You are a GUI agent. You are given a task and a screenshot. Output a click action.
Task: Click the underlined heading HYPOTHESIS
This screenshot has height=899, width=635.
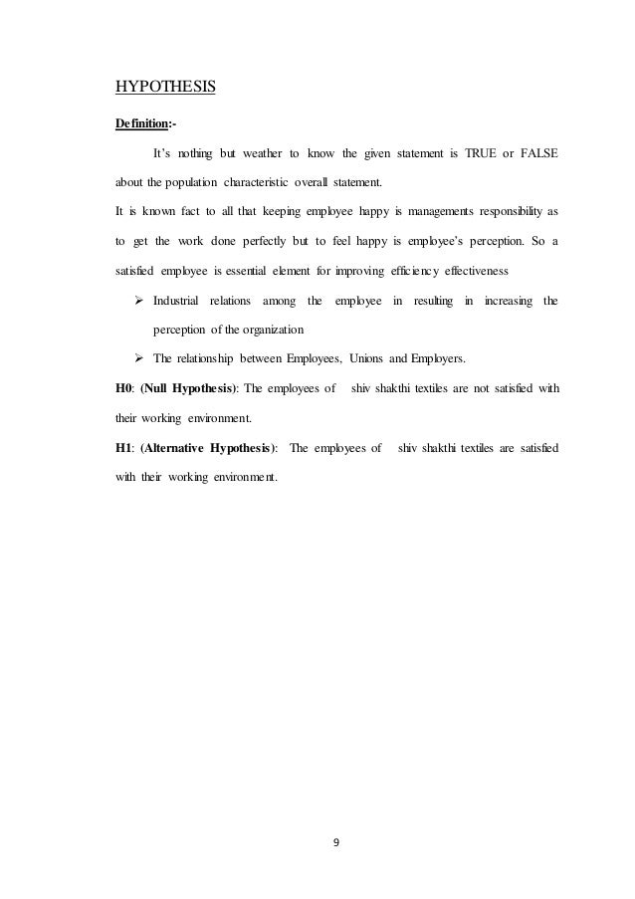click(x=167, y=88)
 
